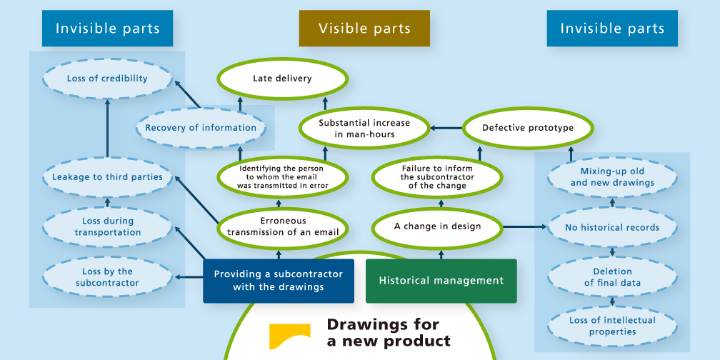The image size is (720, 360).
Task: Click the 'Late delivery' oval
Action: [282, 79]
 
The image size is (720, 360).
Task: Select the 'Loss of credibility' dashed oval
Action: [107, 79]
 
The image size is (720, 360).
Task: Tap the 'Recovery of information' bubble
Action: [201, 129]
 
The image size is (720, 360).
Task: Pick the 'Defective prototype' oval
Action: [528, 129]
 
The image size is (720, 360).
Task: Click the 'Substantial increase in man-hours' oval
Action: [356, 129]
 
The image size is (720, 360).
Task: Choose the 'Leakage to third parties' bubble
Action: [107, 177]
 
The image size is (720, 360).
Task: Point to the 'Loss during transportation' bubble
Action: [107, 227]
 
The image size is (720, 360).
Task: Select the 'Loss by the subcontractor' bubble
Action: [107, 277]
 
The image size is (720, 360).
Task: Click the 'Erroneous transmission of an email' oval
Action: [282, 226]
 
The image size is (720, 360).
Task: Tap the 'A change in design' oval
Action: [437, 226]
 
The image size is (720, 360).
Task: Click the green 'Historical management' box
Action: [441, 281]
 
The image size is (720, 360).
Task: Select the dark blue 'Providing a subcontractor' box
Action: [278, 281]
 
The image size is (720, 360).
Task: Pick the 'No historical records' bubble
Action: [612, 228]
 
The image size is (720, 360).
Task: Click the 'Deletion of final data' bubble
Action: [612, 277]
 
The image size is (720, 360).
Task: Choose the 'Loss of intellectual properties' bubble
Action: [612, 326]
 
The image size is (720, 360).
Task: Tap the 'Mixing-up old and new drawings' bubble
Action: [612, 177]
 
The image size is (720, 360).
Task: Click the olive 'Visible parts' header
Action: [364, 29]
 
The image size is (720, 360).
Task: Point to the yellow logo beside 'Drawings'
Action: [289, 336]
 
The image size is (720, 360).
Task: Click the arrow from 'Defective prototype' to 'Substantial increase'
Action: [446, 129]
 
